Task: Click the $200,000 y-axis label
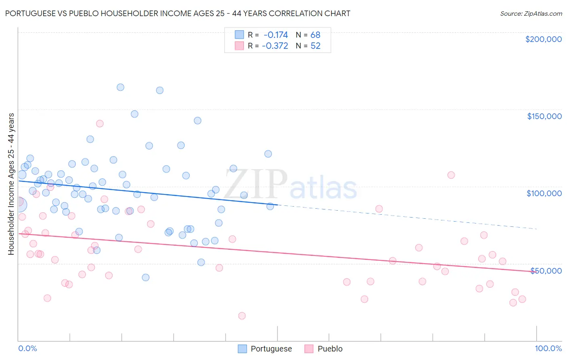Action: click(543, 39)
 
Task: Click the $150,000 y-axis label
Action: click(544, 116)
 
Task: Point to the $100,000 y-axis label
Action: click(544, 193)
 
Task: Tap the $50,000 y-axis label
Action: click(546, 270)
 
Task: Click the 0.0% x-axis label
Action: click(27, 348)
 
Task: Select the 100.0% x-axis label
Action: click(548, 348)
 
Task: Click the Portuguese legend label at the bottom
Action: click(271, 349)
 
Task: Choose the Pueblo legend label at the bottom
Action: click(330, 349)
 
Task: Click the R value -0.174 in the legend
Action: click(276, 35)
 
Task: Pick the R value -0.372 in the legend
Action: click(275, 46)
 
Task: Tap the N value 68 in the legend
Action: click(315, 35)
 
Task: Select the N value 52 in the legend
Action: click(315, 46)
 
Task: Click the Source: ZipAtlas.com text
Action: click(531, 13)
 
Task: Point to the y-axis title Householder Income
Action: click(11, 184)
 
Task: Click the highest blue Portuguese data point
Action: click(120, 87)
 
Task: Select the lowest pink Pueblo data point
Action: click(242, 316)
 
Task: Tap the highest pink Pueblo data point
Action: click(100, 123)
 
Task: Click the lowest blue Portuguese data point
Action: click(146, 277)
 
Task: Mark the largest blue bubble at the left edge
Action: click(19, 205)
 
